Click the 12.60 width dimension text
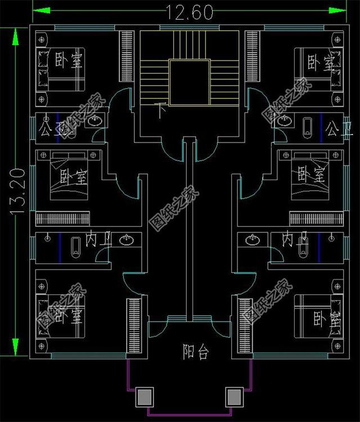(x=189, y=12)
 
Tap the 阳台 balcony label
(x=196, y=353)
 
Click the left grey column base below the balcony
(x=145, y=397)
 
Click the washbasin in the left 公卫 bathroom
(x=97, y=121)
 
